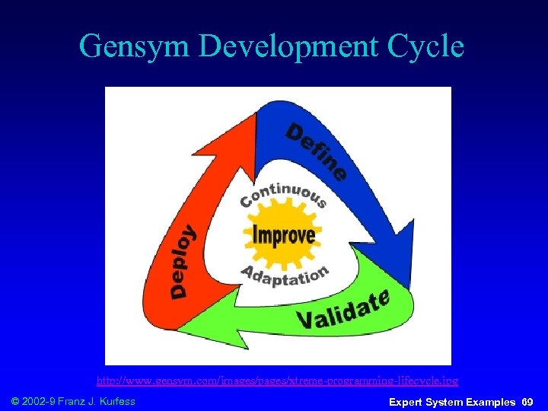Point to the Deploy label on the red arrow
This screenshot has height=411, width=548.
[x=181, y=261]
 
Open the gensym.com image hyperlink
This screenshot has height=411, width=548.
[x=277, y=379]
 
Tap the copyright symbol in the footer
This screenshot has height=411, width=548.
[x=14, y=400]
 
